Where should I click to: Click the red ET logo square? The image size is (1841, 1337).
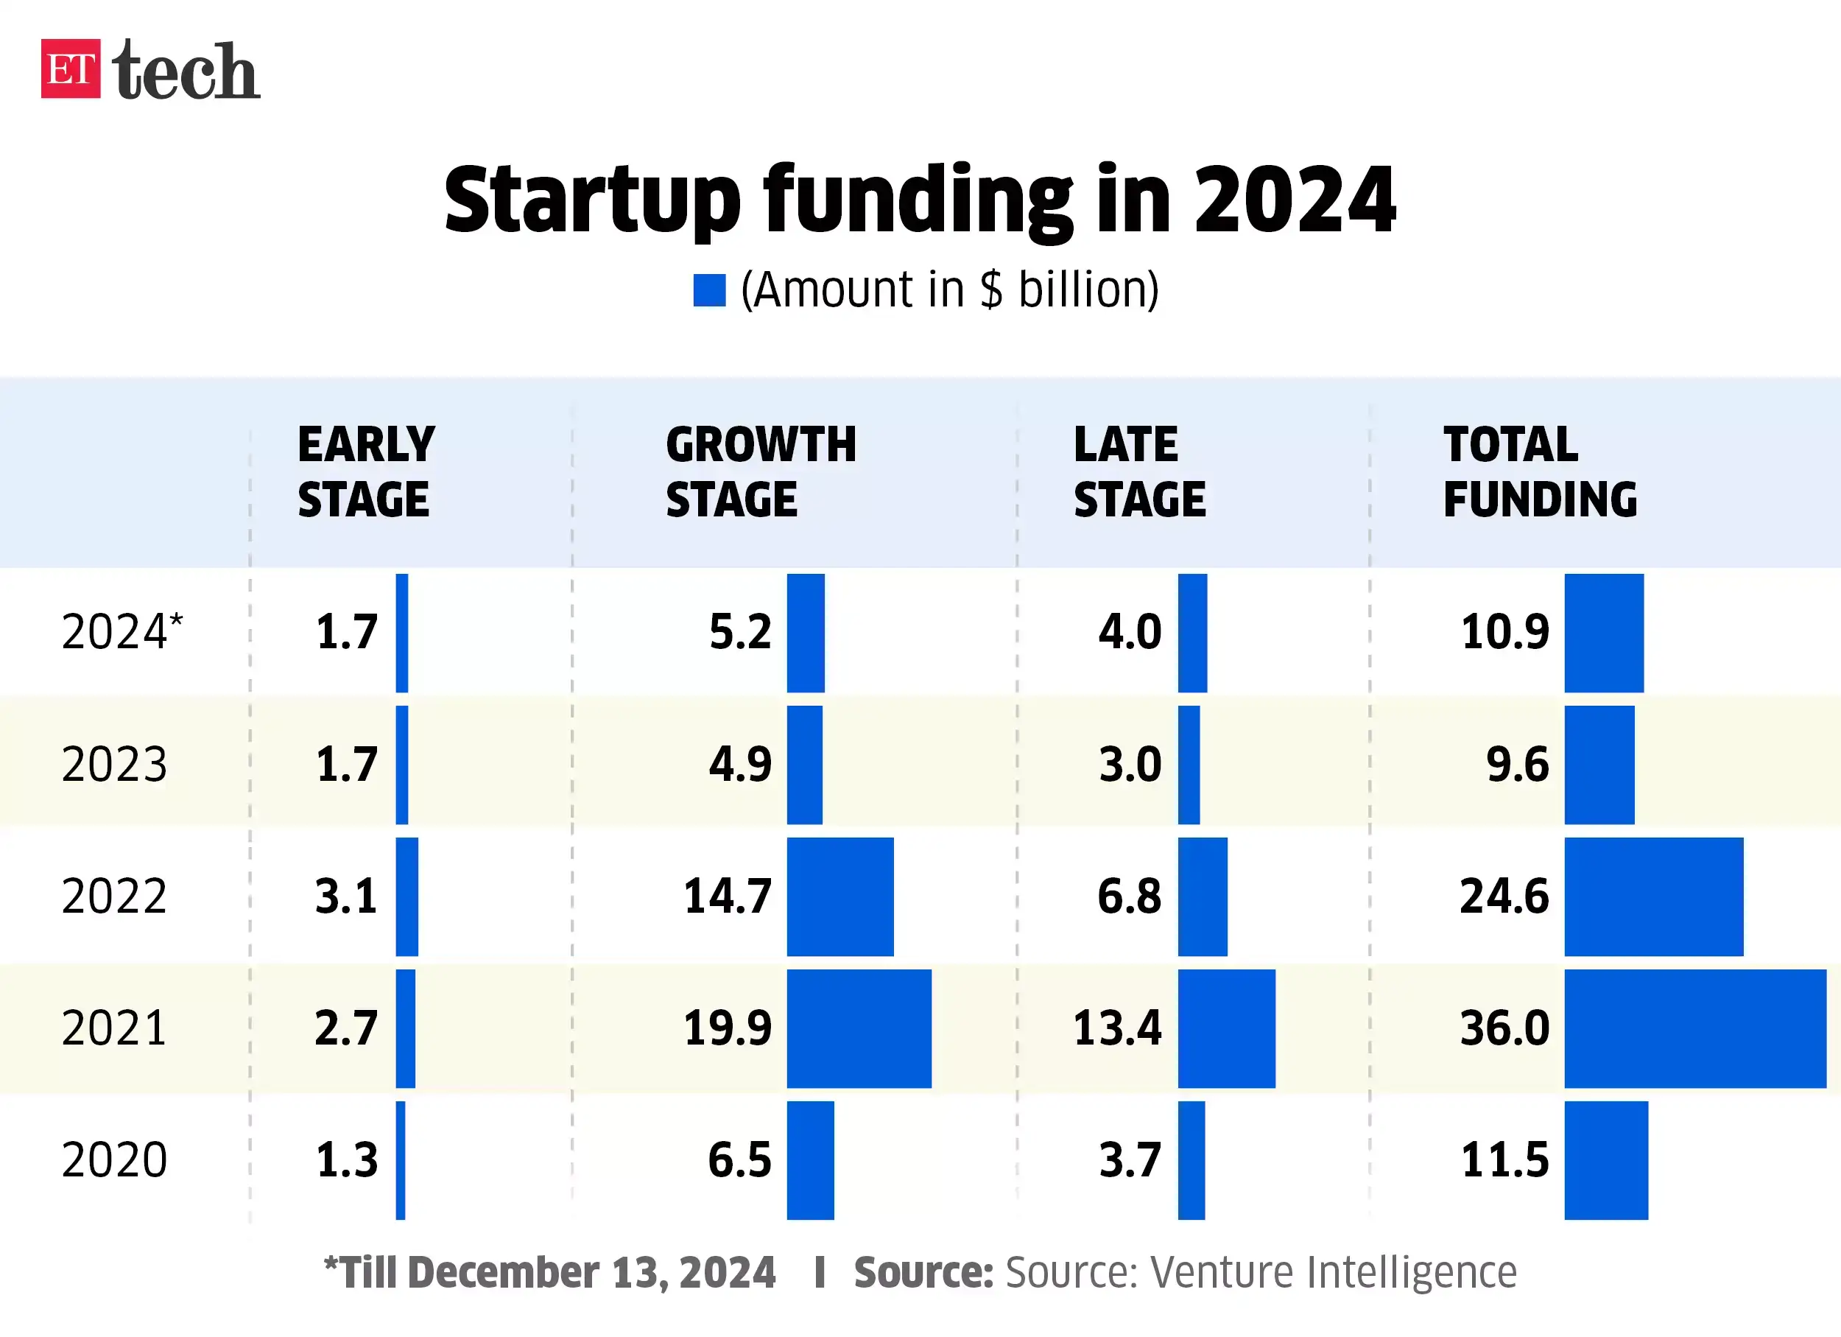tap(71, 69)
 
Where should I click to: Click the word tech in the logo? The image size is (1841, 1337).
tap(186, 71)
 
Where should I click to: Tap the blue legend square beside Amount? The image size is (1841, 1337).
tap(708, 291)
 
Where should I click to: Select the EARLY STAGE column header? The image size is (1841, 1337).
tap(365, 471)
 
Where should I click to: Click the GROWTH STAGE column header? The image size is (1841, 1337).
tap(761, 471)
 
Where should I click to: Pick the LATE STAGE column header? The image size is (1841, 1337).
tap(1139, 471)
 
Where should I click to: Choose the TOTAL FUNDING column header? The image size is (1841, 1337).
tap(1539, 471)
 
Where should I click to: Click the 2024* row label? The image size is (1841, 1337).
tap(122, 632)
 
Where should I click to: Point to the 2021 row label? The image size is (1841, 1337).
tap(113, 1028)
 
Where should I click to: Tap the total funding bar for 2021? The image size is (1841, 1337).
tap(1695, 1028)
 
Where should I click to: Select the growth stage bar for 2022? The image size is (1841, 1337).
tap(840, 897)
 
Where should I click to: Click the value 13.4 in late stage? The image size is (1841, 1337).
tap(1117, 1028)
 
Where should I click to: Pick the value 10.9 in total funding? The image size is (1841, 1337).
tap(1504, 632)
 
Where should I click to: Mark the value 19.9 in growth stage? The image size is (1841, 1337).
tap(728, 1028)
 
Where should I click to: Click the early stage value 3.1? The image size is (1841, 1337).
tap(347, 897)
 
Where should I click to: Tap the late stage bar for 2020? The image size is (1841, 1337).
tap(1191, 1160)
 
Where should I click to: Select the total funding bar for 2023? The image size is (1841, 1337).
tap(1599, 765)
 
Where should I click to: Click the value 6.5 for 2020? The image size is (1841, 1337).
tap(739, 1160)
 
